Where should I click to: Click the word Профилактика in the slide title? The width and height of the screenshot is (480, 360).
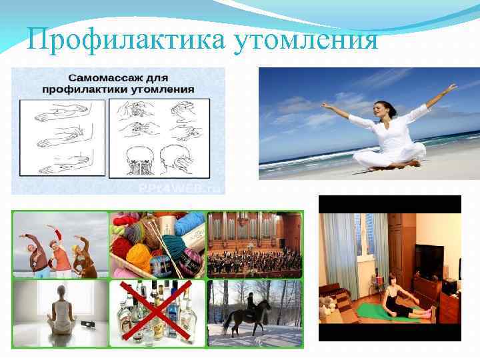[127, 41]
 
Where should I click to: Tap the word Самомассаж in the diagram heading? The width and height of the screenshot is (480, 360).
[97, 76]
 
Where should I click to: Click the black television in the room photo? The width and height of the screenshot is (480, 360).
[429, 261]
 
